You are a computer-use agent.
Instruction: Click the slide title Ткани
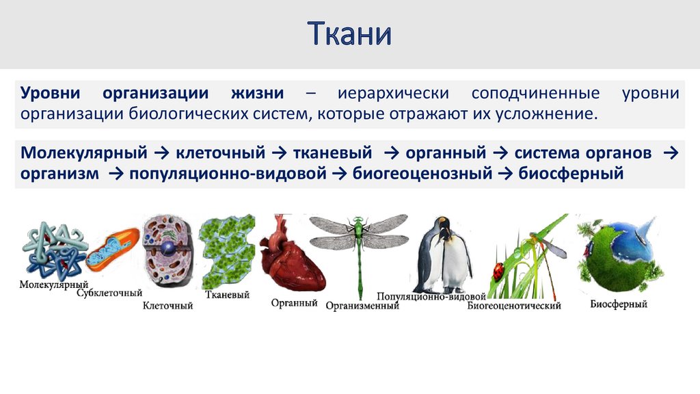349,34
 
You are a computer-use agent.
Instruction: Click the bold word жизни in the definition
257,93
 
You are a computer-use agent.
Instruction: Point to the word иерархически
393,93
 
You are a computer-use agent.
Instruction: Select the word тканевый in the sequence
333,153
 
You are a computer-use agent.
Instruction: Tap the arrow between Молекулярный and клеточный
161,153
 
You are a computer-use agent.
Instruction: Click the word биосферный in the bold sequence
571,173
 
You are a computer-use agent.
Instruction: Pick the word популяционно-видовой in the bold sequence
228,173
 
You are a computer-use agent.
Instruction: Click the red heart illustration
293,257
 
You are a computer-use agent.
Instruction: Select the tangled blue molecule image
55,250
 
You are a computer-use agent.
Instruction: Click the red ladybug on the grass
498,271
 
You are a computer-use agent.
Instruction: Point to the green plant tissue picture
227,251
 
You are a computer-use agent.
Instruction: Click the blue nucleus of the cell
167,249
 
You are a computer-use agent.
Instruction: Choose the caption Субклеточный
109,293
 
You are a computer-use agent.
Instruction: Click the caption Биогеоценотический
514,306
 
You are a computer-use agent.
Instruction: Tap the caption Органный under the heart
294,303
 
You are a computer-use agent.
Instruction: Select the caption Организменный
362,306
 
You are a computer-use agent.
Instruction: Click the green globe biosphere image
621,253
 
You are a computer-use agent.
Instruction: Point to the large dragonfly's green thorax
358,227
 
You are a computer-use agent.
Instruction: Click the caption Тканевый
227,294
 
